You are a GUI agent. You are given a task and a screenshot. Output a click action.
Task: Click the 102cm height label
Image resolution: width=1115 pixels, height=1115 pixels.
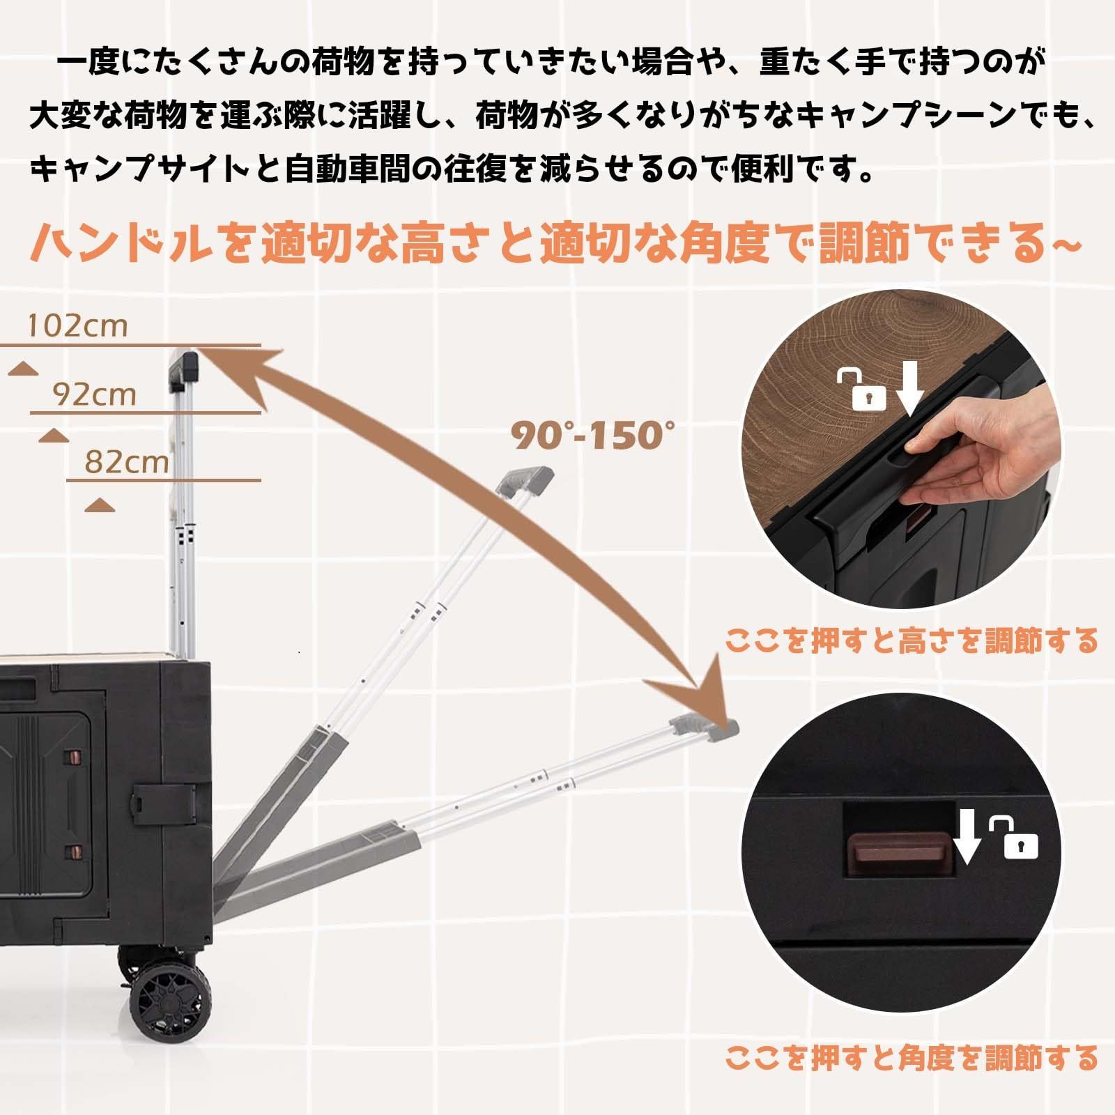tap(78, 326)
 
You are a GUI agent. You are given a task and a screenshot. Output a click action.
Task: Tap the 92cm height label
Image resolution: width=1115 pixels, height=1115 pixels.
tap(95, 394)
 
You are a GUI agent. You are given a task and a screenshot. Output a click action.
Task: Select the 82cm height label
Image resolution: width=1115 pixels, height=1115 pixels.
tap(127, 462)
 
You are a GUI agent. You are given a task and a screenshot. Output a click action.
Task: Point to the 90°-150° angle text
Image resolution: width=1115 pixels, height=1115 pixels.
tap(594, 436)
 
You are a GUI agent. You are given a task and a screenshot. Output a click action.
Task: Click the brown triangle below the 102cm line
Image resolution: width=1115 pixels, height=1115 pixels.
tap(24, 369)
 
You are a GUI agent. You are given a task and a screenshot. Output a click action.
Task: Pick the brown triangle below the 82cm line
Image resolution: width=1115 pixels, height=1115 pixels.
tap(100, 505)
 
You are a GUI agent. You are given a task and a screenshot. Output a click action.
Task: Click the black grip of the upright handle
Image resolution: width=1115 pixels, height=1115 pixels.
tap(185, 369)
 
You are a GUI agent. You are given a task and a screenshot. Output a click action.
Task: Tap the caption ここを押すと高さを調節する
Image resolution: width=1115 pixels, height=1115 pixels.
tap(911, 640)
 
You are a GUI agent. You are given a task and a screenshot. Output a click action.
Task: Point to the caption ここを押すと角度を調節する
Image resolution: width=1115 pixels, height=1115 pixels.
tap(911, 1058)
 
